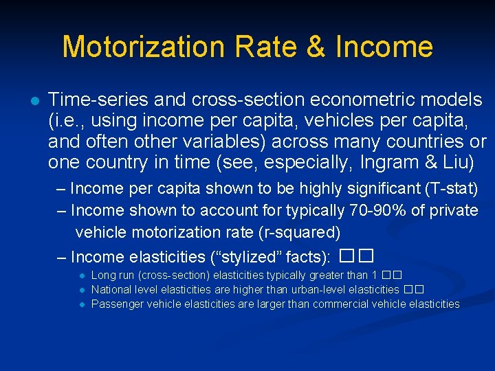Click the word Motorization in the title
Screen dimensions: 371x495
[142, 47]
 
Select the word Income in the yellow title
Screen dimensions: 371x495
[384, 47]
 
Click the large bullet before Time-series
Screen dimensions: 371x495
[32, 100]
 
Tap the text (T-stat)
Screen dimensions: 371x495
[448, 188]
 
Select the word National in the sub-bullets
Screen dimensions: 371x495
[111, 289]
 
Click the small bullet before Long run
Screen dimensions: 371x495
[81, 276]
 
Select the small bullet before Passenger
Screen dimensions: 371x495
[81, 304]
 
